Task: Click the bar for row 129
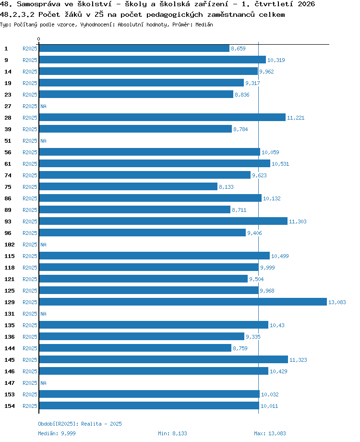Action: [183, 302]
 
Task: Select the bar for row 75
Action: [128, 186]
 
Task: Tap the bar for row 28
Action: [162, 117]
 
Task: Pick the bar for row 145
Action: [163, 359]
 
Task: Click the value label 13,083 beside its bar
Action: [337, 302]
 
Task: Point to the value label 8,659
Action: [238, 49]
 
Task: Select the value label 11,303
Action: [298, 221]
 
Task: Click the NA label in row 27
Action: [43, 106]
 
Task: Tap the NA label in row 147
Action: [43, 383]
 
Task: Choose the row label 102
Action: [10, 245]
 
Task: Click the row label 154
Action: [10, 406]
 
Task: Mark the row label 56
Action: [8, 152]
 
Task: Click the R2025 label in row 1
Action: [30, 49]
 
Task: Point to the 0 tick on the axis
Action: [38, 39]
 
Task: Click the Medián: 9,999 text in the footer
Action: [57, 433]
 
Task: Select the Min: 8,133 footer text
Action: [172, 433]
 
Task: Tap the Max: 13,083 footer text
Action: [270, 433]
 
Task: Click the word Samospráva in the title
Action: [38, 4]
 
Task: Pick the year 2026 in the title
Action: [306, 4]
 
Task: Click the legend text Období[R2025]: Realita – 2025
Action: [80, 424]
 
